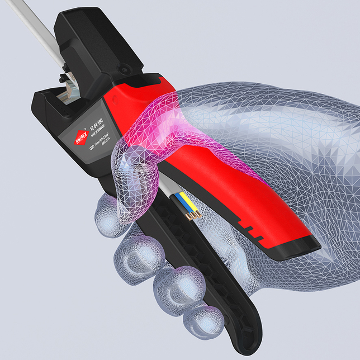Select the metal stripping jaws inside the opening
pyautogui.click(x=67, y=89)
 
